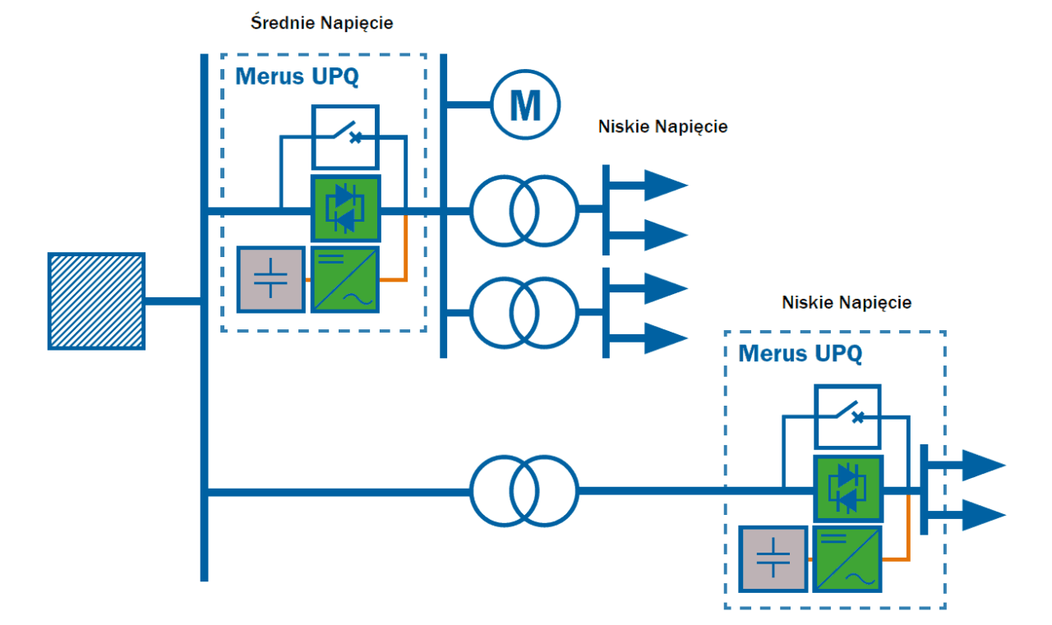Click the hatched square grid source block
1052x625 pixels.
tap(96, 301)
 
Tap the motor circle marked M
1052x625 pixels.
tap(525, 104)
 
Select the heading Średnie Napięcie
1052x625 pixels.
tap(321, 22)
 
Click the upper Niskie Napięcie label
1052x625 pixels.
tap(662, 126)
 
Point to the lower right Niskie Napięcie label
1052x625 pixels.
tap(847, 303)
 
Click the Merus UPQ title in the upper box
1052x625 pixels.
tap(297, 76)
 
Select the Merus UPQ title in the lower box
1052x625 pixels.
tap(801, 353)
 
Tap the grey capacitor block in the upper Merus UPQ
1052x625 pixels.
tap(271, 280)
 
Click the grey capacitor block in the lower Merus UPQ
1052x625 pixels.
tap(773, 558)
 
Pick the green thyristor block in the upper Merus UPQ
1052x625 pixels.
tap(346, 209)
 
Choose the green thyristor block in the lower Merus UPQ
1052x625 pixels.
tap(848, 489)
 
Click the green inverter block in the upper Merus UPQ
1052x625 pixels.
tap(345, 280)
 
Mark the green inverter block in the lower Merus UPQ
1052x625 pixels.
tap(847, 558)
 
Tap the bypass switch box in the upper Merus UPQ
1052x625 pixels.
tap(346, 137)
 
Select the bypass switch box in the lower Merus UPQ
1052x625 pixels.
tap(847, 416)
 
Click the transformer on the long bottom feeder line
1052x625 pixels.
tap(524, 491)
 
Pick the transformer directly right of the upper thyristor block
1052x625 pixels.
tap(524, 211)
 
